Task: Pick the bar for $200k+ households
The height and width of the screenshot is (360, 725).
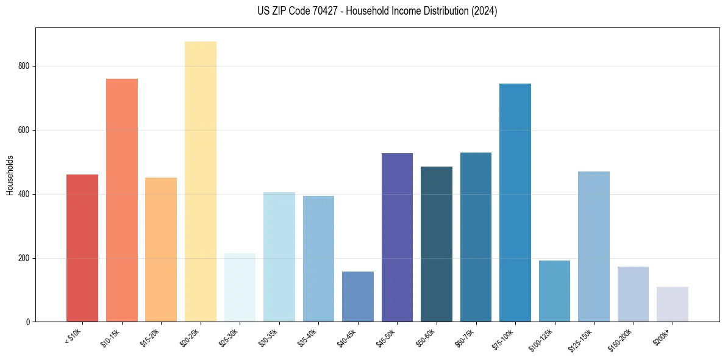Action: coord(673,304)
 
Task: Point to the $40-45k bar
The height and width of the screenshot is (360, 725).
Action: coord(358,297)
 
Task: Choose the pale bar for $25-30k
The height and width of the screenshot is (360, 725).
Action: coord(240,287)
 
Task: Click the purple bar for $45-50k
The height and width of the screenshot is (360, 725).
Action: coord(397,237)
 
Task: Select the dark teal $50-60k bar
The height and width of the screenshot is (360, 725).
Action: coord(437,244)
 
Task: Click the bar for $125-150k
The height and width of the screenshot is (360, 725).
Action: coord(594,247)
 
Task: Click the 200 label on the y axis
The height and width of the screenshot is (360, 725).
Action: coord(26,258)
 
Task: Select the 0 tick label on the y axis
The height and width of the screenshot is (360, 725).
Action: coord(29,322)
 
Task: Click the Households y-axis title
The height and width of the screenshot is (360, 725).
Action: coord(10,175)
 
